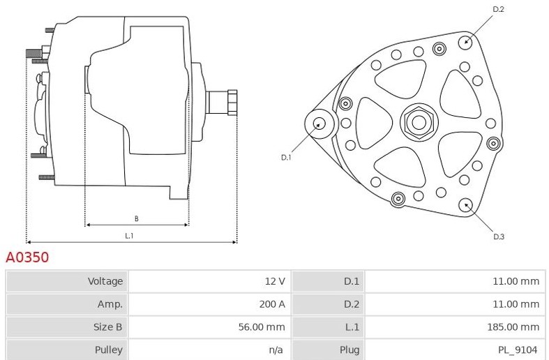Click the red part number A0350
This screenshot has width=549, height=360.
[27, 257]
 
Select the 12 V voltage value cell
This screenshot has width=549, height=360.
[275, 281]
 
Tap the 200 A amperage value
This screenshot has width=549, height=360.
[272, 304]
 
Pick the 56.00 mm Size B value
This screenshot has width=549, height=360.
[262, 327]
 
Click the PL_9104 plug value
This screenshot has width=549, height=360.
[518, 350]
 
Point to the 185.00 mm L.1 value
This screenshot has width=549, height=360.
[513, 327]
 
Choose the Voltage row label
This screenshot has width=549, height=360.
[105, 281]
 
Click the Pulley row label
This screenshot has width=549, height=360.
[109, 350]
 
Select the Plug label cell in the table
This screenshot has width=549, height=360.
[349, 350]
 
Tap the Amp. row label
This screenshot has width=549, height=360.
[110, 304]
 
